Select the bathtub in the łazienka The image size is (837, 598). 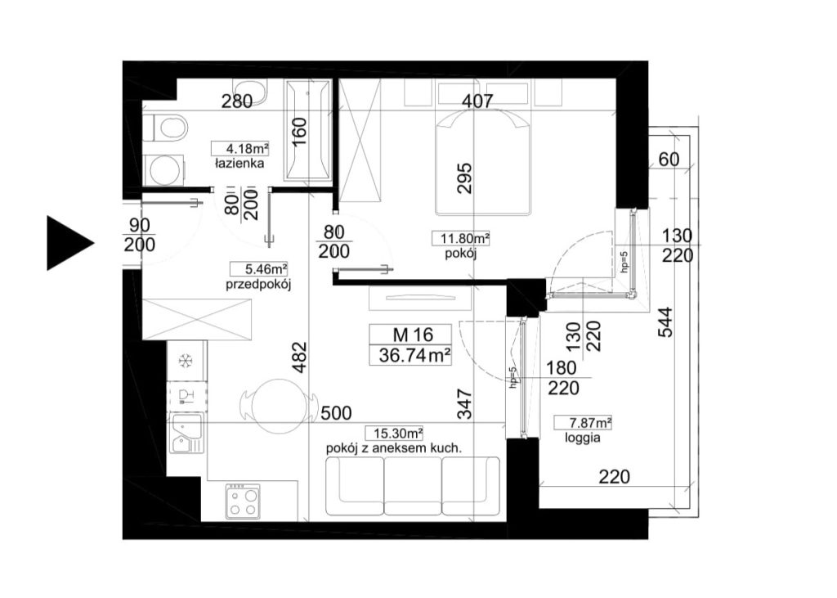(307, 129)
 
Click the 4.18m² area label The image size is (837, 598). (240, 147)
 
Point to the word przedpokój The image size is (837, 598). (257, 285)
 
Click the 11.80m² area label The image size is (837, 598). (461, 238)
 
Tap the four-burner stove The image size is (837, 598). (244, 501)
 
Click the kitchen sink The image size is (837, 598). (186, 434)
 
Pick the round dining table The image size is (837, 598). (278, 405)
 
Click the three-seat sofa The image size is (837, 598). (413, 486)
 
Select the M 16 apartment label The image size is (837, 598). (413, 335)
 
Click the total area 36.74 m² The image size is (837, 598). (414, 354)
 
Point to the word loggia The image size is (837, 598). (582, 438)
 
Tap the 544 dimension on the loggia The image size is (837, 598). (665, 321)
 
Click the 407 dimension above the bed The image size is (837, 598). (477, 101)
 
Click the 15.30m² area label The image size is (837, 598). (395, 433)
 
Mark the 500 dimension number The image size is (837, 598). (336, 412)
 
